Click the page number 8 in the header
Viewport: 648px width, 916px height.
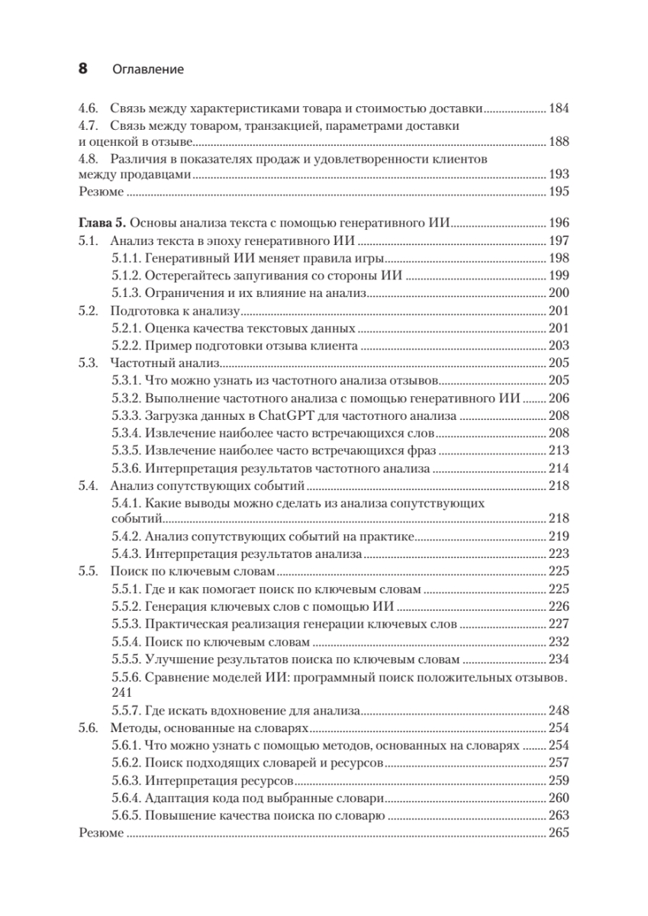pos(83,69)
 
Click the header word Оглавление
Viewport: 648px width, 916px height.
pos(148,69)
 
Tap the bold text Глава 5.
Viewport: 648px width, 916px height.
pos(102,224)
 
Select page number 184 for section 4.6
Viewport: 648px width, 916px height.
pos(559,108)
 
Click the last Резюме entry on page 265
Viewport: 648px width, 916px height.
pos(101,834)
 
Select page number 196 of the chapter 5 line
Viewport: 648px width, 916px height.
pos(559,224)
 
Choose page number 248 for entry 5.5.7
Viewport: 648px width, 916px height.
pos(559,711)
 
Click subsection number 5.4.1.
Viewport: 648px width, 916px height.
pos(125,504)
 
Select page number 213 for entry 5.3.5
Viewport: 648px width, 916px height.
pos(559,451)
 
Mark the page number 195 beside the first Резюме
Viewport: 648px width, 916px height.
pos(559,191)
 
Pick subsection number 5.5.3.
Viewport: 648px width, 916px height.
pos(125,624)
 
